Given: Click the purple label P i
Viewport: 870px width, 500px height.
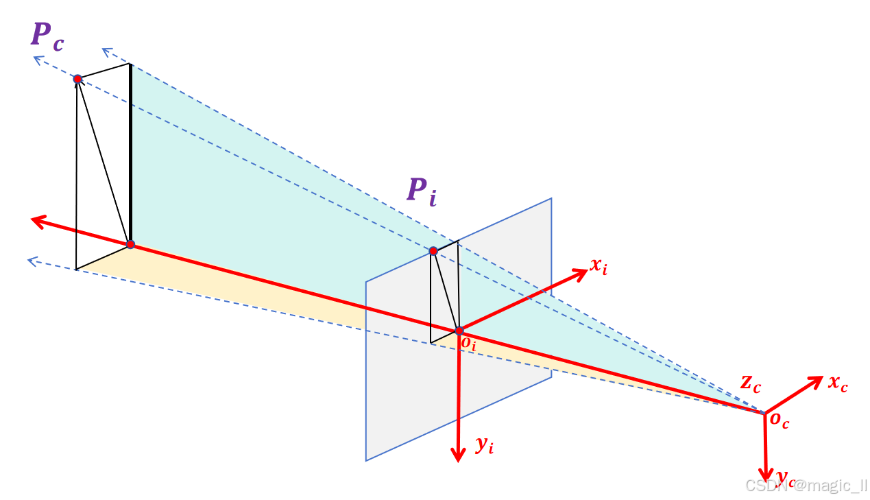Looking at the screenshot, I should (421, 190).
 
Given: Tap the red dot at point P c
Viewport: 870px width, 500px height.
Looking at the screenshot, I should (78, 80).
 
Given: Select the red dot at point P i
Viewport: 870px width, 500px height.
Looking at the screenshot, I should (433, 251).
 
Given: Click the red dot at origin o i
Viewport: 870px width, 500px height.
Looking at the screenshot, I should (459, 331).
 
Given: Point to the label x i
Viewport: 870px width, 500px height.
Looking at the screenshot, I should (598, 267).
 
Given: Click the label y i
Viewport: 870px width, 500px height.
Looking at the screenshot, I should (485, 446).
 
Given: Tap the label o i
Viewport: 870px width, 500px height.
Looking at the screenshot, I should (468, 343).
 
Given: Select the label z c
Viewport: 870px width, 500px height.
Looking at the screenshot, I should (750, 384).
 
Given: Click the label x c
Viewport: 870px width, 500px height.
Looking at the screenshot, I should (837, 384).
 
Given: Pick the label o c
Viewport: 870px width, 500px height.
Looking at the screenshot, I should (780, 420).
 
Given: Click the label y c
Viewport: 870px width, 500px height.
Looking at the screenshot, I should (785, 476).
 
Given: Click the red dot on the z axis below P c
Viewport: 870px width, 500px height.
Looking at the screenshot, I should (130, 244).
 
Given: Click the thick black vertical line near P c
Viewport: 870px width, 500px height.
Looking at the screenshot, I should (130, 151).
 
